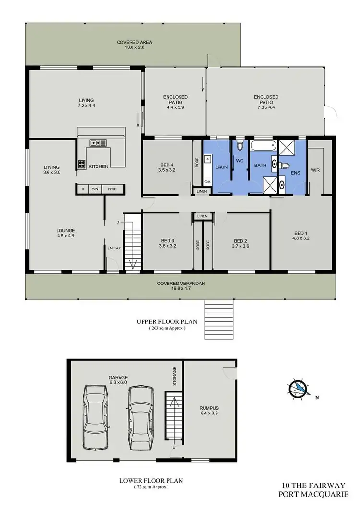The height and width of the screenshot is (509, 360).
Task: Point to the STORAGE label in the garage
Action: [x=175, y=376]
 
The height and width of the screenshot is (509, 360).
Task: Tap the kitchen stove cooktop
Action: [x=81, y=164]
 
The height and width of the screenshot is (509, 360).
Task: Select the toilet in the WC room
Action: [x=240, y=145]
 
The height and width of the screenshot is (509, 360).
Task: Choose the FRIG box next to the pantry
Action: [x=112, y=189]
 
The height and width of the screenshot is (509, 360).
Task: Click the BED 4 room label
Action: [x=168, y=164]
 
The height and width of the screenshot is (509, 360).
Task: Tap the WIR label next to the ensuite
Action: [x=315, y=170]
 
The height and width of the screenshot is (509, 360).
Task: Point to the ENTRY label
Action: [x=114, y=248]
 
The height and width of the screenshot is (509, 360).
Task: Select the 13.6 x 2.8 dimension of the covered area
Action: [x=127, y=48]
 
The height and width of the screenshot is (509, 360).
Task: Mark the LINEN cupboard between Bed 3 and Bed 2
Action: [x=202, y=216]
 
